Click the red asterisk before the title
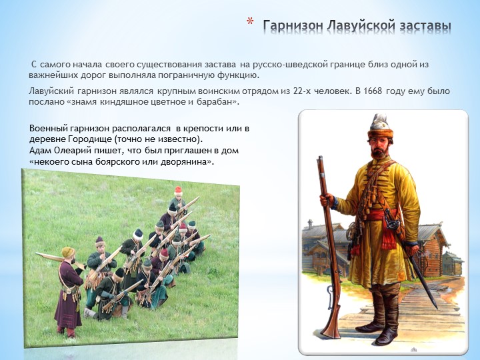[x=250, y=21]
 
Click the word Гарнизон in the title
[x=293, y=26]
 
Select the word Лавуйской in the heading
[x=361, y=26]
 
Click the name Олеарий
[x=76, y=151]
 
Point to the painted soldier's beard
[x=379, y=151]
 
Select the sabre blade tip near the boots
[x=435, y=305]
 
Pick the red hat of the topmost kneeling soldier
[x=178, y=190]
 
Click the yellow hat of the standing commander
[x=68, y=252]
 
